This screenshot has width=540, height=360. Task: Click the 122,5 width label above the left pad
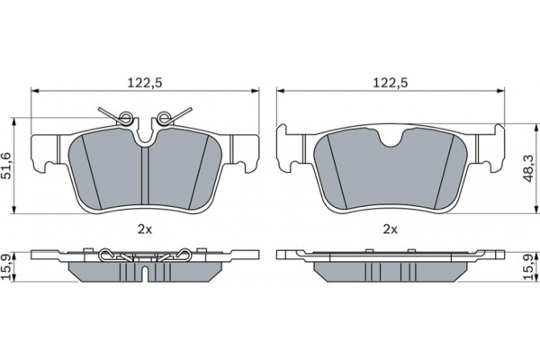[x=145, y=83]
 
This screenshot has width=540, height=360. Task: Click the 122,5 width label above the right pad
[x=391, y=83]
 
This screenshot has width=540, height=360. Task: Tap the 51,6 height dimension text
[x=7, y=166]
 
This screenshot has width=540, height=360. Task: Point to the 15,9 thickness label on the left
[x=7, y=266]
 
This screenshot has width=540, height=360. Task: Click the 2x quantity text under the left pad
[x=145, y=229]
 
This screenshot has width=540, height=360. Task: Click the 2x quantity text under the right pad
[x=391, y=229]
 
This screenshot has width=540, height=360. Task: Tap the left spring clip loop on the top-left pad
[x=126, y=118]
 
